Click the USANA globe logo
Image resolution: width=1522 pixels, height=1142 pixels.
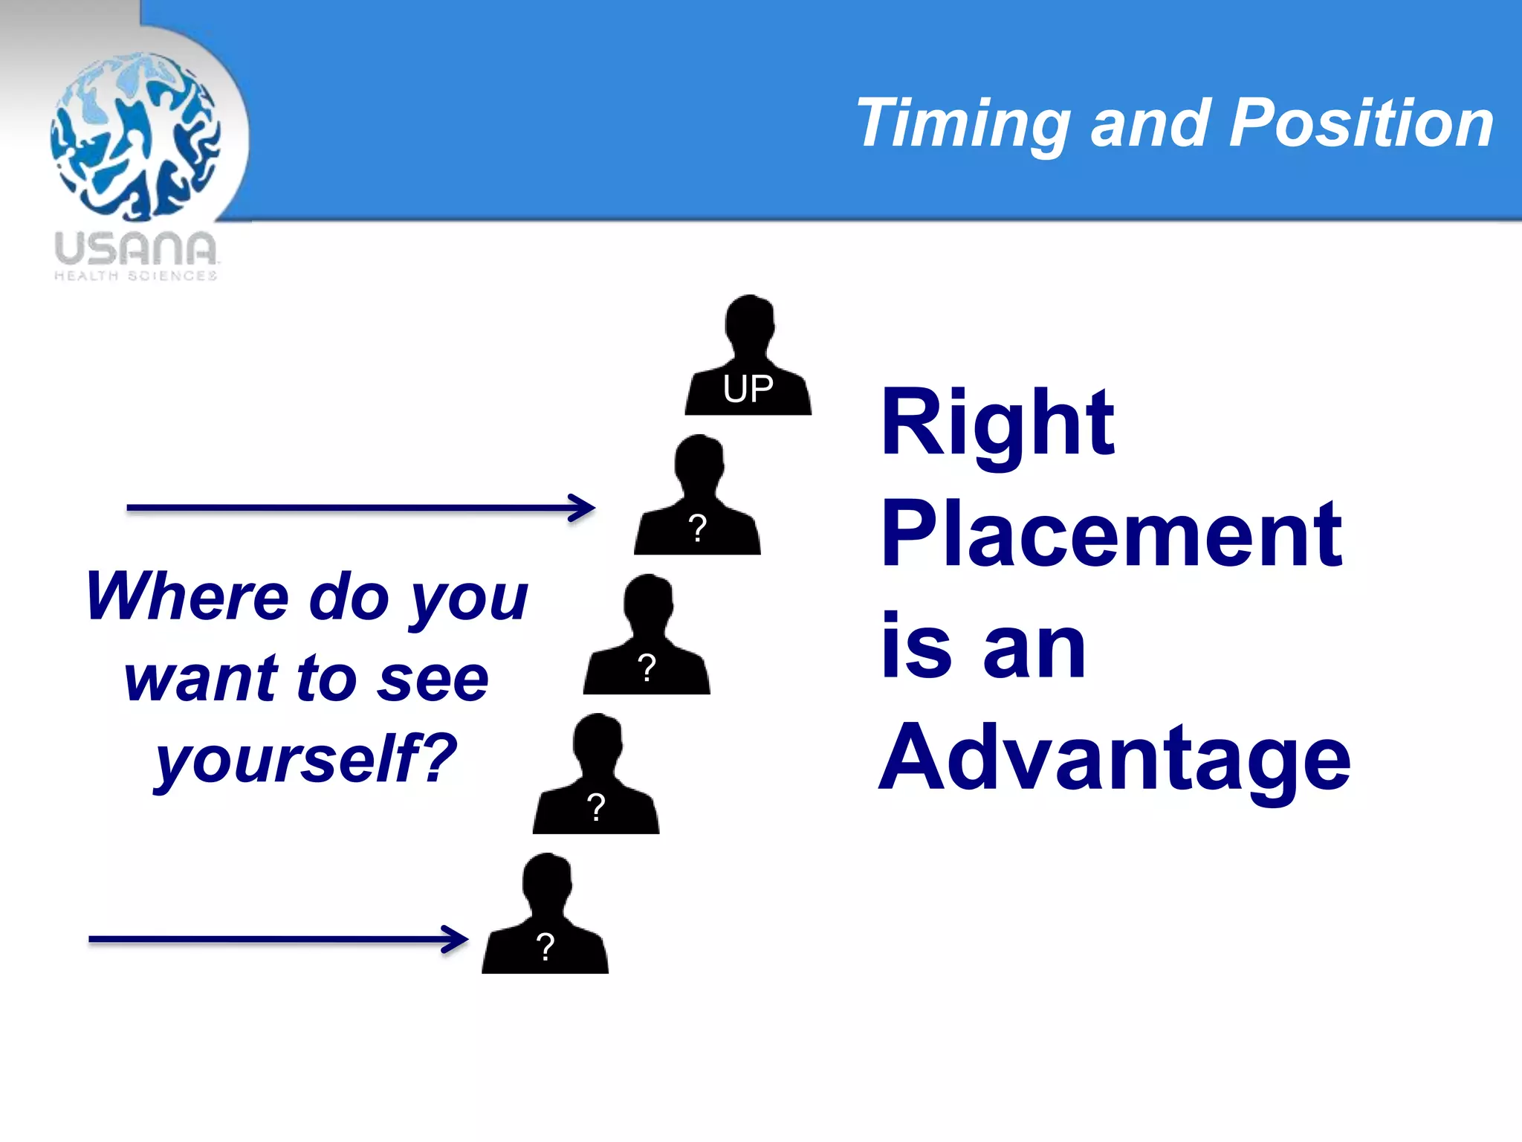[135, 137]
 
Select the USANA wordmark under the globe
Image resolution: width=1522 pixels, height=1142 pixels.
[135, 248]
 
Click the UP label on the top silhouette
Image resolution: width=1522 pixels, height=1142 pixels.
[748, 389]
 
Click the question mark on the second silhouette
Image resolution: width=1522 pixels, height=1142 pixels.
[697, 529]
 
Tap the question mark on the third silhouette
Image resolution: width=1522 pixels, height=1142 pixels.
[647, 668]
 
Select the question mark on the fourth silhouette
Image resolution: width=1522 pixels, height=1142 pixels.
[596, 807]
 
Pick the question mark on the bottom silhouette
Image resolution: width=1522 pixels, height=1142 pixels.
[545, 947]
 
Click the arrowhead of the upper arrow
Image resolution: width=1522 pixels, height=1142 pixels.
[583, 509]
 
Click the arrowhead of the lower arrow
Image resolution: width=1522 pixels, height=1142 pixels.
[456, 940]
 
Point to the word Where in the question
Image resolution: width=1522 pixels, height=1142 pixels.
[186, 596]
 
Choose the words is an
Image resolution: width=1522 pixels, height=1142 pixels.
[982, 647]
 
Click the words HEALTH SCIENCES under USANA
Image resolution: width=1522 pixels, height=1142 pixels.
[135, 276]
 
